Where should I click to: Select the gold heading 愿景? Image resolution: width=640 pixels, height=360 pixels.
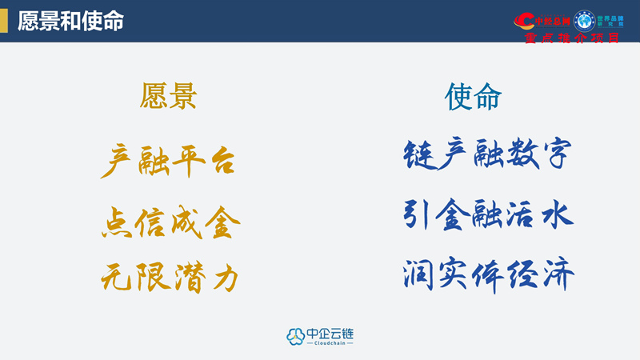(168, 97)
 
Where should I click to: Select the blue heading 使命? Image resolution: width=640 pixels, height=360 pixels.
(473, 97)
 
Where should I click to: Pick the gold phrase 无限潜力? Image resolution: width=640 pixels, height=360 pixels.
(170, 278)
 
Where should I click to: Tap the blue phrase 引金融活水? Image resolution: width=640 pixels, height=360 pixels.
(488, 214)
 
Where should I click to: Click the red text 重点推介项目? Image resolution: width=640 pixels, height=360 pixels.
(570, 38)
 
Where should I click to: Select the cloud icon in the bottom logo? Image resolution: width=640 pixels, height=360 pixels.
(296, 336)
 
